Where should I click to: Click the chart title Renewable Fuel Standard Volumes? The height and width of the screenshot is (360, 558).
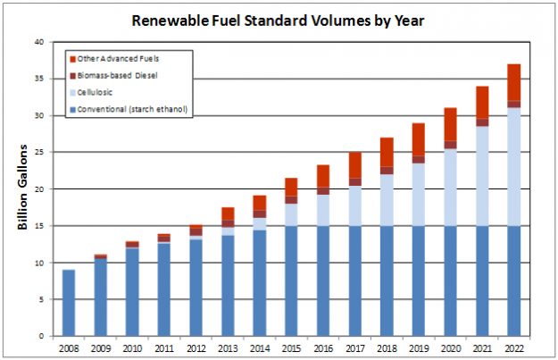(x=279, y=19)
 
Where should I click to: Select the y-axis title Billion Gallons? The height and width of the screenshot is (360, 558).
(x=23, y=187)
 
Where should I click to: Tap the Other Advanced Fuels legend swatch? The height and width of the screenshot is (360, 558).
(x=72, y=58)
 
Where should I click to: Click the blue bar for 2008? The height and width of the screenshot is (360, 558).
(x=69, y=303)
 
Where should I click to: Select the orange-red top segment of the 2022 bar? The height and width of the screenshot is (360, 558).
(x=513, y=82)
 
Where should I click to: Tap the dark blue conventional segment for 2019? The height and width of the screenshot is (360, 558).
(x=418, y=280)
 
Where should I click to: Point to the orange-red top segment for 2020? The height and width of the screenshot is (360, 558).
(x=450, y=124)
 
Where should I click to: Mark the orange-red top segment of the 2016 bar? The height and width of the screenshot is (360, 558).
(x=323, y=176)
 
